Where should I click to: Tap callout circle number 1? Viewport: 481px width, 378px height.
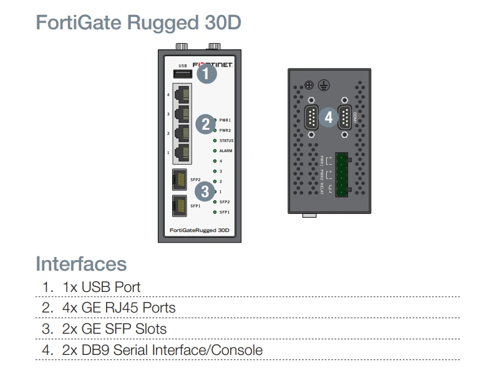click(x=206, y=75)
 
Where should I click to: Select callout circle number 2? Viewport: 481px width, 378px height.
click(x=206, y=124)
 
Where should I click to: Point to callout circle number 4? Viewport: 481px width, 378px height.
click(x=329, y=117)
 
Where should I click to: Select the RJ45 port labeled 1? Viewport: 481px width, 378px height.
click(x=183, y=152)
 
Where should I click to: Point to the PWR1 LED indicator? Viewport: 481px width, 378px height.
click(x=215, y=119)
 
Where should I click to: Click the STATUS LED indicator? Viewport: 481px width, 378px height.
click(x=215, y=140)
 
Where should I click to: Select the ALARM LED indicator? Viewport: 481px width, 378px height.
click(x=215, y=151)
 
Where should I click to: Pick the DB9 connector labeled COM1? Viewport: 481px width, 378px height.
click(x=344, y=117)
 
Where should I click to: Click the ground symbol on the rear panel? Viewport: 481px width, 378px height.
click(x=323, y=85)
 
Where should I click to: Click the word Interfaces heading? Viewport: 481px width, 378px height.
click(x=81, y=263)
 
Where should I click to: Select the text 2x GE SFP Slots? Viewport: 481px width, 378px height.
click(x=115, y=328)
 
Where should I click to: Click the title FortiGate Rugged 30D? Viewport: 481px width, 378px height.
click(x=138, y=22)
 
